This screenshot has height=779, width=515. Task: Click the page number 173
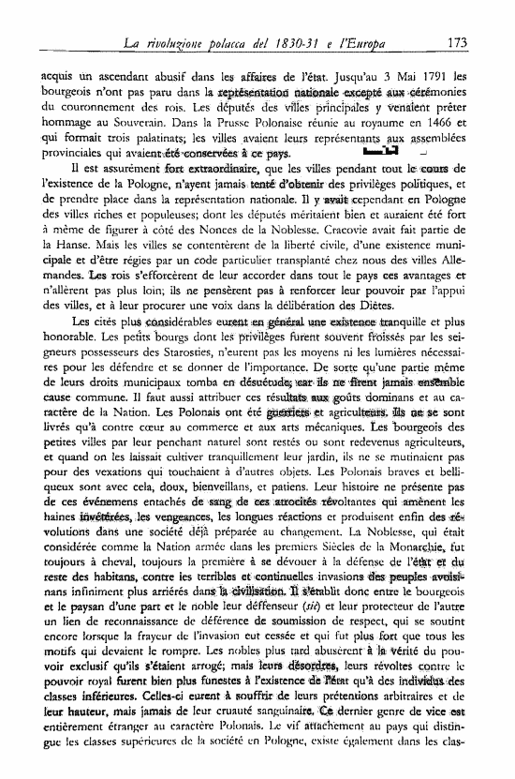tap(458, 42)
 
